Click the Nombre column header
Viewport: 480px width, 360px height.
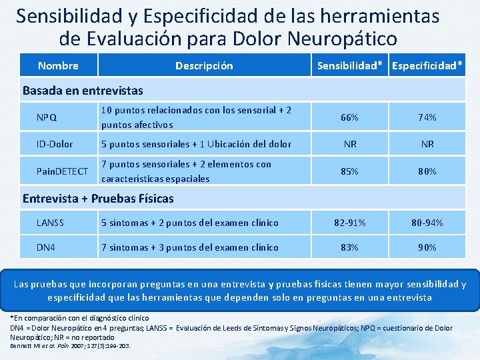pyautogui.click(x=58, y=65)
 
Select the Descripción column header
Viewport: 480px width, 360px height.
pyautogui.click(x=204, y=65)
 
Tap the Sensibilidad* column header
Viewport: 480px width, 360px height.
pyautogui.click(x=352, y=65)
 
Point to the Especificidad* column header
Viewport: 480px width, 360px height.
pyautogui.click(x=428, y=65)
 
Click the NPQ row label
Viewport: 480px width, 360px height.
pyautogui.click(x=47, y=117)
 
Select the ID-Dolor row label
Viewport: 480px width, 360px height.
pyautogui.click(x=55, y=144)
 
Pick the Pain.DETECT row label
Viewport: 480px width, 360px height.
pyautogui.click(x=62, y=171)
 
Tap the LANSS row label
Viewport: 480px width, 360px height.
pyautogui.click(x=51, y=223)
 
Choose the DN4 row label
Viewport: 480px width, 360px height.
pyautogui.click(x=46, y=247)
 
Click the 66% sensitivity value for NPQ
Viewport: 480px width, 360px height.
pyautogui.click(x=349, y=117)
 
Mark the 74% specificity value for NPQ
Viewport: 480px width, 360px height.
pyautogui.click(x=427, y=117)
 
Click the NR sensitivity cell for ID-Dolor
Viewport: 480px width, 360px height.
pyautogui.click(x=349, y=144)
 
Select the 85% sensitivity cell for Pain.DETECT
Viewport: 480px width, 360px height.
pyautogui.click(x=349, y=171)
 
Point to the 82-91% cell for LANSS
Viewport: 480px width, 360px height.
pyautogui.click(x=349, y=223)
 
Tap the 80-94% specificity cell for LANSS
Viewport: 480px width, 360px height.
pyautogui.click(x=427, y=223)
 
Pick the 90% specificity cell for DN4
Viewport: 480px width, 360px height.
pyautogui.click(x=427, y=247)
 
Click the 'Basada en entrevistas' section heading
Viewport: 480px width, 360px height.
pyautogui.click(x=83, y=90)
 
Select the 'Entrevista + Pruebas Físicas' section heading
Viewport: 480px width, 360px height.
pyautogui.click(x=98, y=198)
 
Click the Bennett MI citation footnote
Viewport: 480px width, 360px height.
pyautogui.click(x=70, y=347)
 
